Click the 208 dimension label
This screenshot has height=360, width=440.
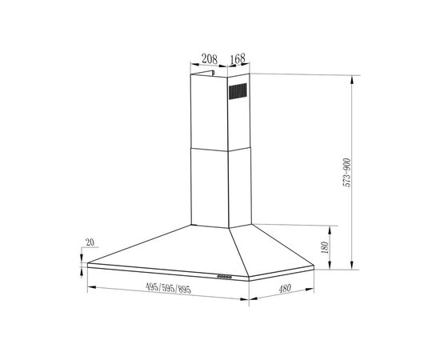pyautogui.click(x=210, y=59)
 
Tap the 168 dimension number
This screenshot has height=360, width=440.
pyautogui.click(x=238, y=58)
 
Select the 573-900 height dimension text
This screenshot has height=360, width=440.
pyautogui.click(x=347, y=173)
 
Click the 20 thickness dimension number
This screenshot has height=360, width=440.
pyautogui.click(x=90, y=242)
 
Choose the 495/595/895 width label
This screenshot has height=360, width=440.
pyautogui.click(x=168, y=288)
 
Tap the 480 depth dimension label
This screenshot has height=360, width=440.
pyautogui.click(x=285, y=288)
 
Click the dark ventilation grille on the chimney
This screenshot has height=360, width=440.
pyautogui.click(x=238, y=91)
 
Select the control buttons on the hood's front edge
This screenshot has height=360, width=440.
pyautogui.click(x=224, y=277)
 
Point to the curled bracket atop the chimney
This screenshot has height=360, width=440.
pyautogui.click(x=202, y=74)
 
